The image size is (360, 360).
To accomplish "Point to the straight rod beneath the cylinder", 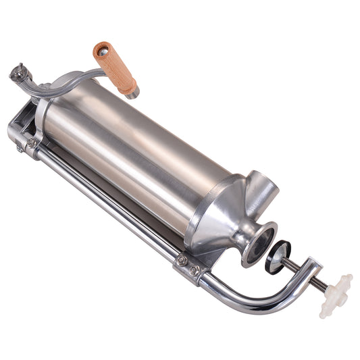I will pyautogui.click(x=108, y=203).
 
